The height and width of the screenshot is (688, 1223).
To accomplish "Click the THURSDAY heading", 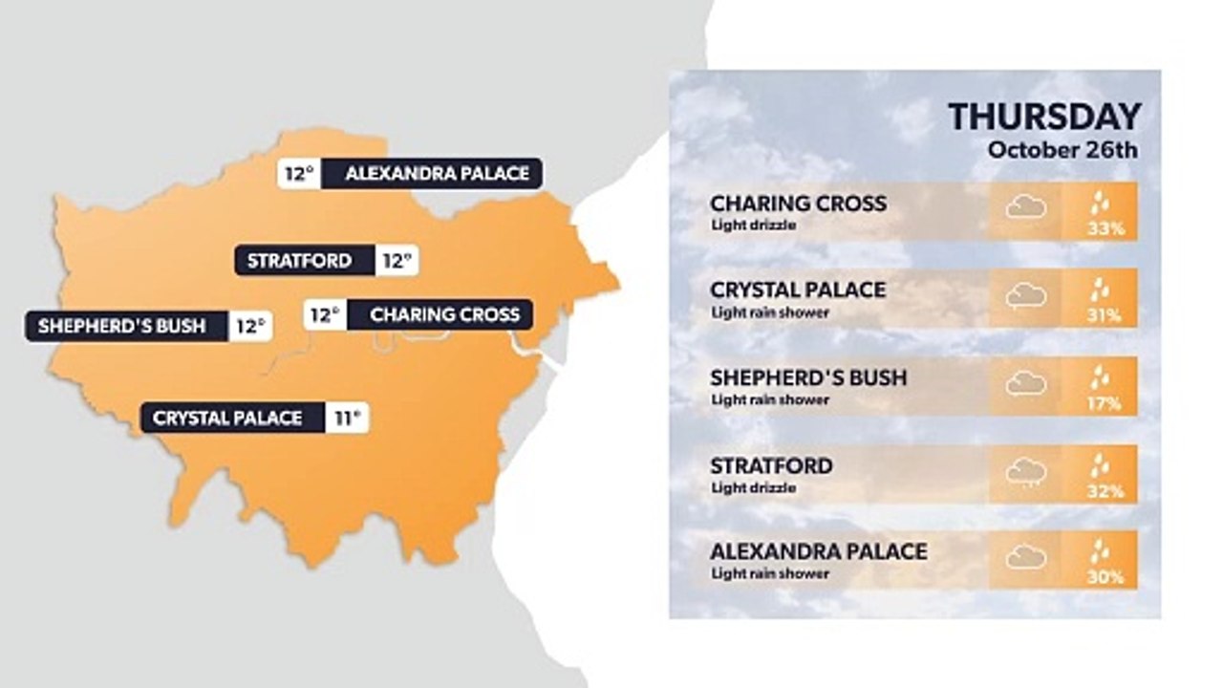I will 1044,118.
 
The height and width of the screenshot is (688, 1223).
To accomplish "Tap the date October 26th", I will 1063,150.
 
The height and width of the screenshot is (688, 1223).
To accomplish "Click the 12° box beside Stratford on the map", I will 397,260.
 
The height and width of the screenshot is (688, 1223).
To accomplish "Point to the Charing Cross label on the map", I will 444,314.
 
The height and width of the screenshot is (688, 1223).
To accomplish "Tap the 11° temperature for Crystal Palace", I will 347,418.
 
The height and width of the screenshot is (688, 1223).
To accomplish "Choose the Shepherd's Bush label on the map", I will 122,326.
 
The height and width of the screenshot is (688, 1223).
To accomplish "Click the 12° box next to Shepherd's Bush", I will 250,326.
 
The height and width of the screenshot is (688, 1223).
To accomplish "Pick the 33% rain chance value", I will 1103,229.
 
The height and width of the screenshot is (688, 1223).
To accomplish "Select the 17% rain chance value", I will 1103,403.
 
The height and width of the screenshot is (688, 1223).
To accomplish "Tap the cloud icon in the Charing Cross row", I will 1025,207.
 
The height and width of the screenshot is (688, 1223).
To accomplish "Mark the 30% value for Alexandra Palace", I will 1103,577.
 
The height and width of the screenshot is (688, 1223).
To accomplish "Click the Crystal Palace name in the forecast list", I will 798,290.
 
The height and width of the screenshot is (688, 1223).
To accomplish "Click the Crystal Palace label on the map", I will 227,418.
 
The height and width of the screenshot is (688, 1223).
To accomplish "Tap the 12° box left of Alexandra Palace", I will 299,174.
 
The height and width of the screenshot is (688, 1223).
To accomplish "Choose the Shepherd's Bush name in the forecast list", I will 808,377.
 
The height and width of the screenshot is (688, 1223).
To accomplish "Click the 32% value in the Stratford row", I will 1103,491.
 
